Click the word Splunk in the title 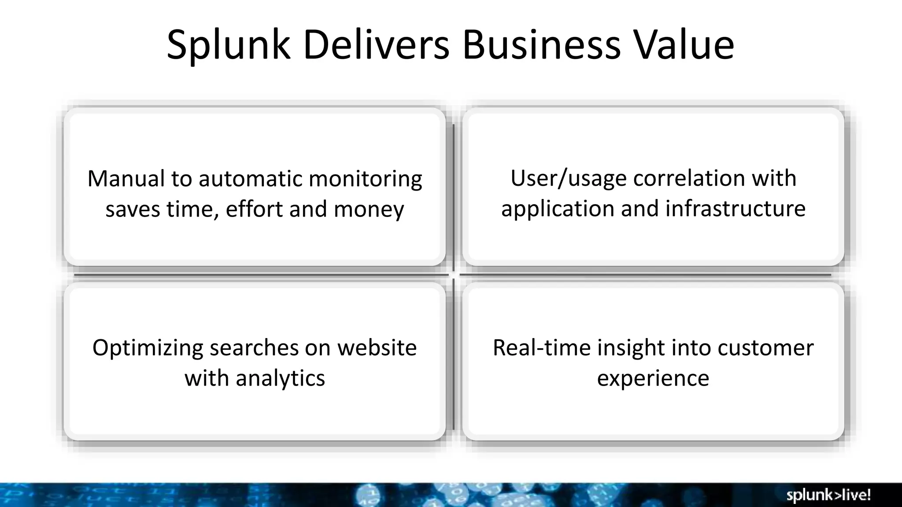tap(229, 45)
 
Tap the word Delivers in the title tap(376, 45)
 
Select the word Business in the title tap(541, 45)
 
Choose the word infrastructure tap(735, 209)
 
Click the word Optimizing tap(148, 348)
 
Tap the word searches tap(254, 348)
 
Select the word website tap(377, 348)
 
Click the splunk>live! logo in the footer tap(828, 496)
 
